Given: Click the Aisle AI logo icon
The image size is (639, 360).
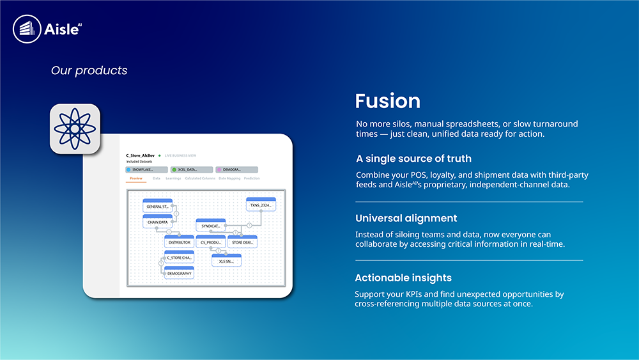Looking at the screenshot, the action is click(x=26, y=29).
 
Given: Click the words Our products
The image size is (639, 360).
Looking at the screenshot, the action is click(x=89, y=70).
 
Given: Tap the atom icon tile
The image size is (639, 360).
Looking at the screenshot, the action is click(x=75, y=129).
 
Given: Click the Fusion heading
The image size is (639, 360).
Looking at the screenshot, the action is click(x=387, y=101).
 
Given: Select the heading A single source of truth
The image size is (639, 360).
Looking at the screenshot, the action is click(x=413, y=159).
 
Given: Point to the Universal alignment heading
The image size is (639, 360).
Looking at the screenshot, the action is click(x=406, y=218).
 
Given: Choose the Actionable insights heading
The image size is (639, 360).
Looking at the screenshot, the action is click(x=403, y=278).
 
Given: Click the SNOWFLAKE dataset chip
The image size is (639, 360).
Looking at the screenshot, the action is click(x=146, y=169).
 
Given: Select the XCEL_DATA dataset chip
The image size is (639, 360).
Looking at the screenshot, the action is click(x=191, y=169).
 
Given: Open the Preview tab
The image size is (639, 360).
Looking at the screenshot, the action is click(x=136, y=178).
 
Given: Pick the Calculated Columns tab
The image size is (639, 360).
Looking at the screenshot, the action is click(x=200, y=178).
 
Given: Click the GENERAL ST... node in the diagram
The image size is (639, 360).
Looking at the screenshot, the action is click(x=158, y=206).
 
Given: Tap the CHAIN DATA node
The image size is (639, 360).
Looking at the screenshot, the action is click(x=158, y=222).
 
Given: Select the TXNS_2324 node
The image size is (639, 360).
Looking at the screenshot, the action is click(x=261, y=205).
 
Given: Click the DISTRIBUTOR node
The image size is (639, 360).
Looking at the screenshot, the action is click(x=179, y=242).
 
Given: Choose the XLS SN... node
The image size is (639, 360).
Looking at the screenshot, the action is click(x=226, y=261).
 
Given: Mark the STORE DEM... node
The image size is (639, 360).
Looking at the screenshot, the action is click(x=243, y=242).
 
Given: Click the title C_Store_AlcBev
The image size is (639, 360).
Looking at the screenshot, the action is click(x=141, y=155).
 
